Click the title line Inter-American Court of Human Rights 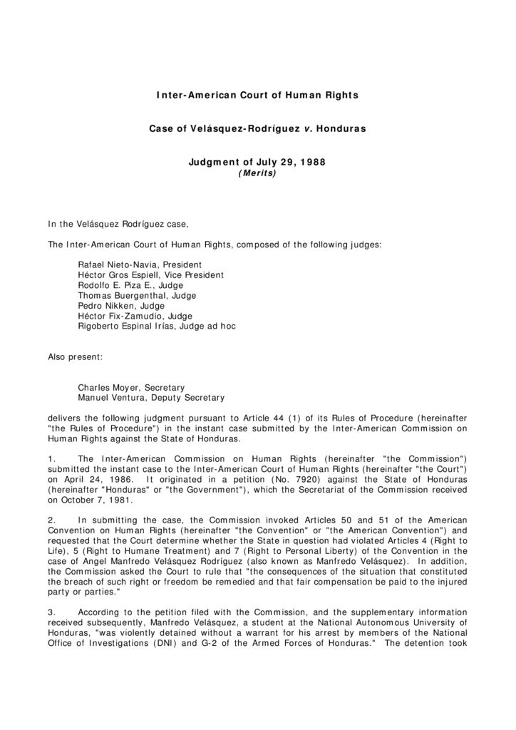pyautogui.click(x=257, y=95)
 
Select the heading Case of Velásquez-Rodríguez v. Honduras pyautogui.click(x=257, y=129)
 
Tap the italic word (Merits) pyautogui.click(x=257, y=173)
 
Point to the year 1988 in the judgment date pyautogui.click(x=312, y=163)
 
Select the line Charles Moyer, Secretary pyautogui.click(x=131, y=388)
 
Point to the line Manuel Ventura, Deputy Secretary pyautogui.click(x=151, y=398)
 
